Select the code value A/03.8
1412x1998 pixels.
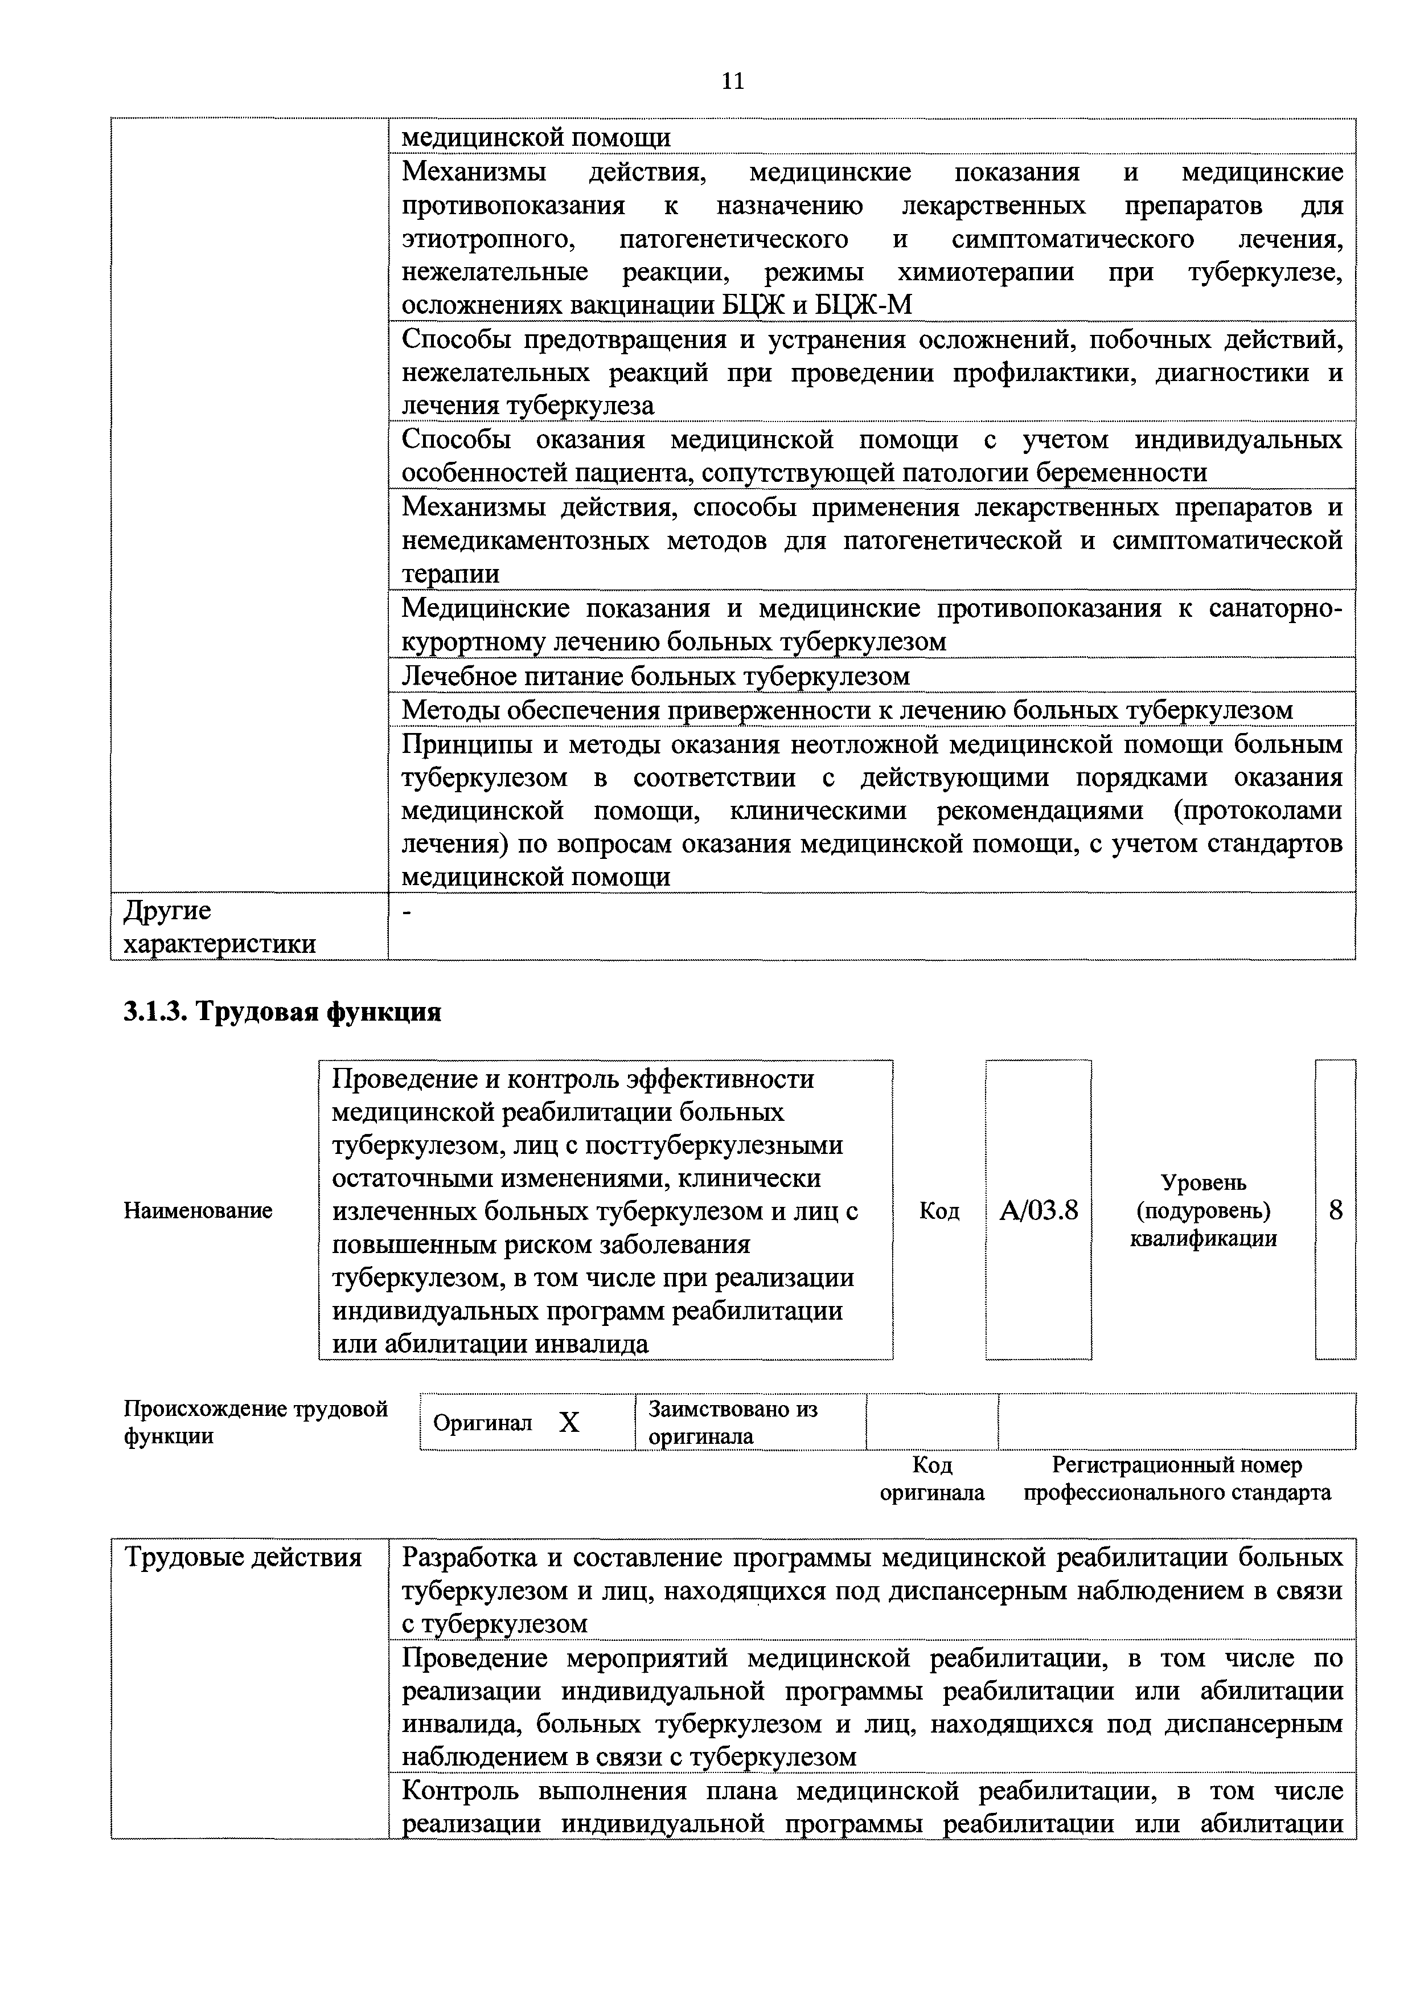click(x=1038, y=1210)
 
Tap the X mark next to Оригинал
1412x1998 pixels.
click(x=568, y=1422)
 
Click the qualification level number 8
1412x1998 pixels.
click(x=1336, y=1210)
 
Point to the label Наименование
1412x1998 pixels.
click(x=198, y=1210)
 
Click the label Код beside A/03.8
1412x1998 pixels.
click(x=939, y=1210)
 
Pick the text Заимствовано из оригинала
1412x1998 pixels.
click(x=733, y=1422)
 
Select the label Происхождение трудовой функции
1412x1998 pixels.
click(x=255, y=1422)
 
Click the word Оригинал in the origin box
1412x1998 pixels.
click(x=482, y=1423)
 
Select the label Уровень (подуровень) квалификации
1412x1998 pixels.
click(x=1203, y=1210)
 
